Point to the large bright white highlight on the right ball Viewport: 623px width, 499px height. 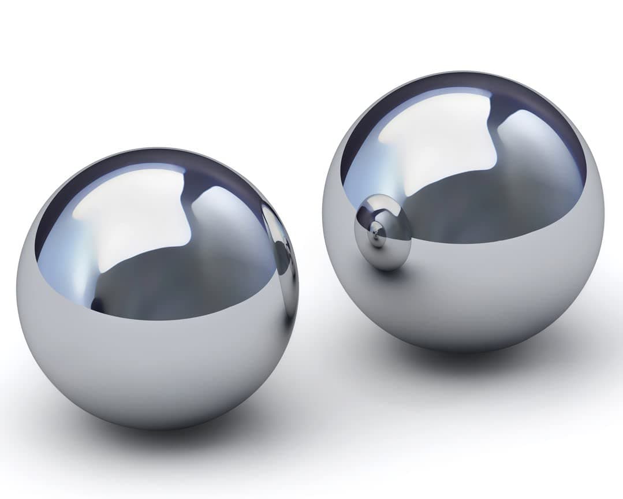(x=439, y=139)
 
